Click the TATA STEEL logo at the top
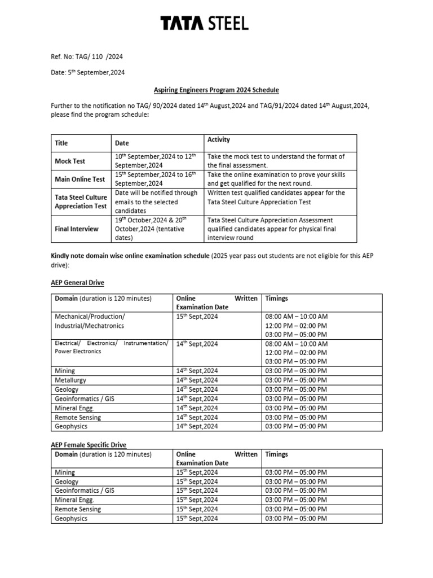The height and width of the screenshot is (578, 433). (204, 24)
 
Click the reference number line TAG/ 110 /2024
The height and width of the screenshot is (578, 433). (87, 56)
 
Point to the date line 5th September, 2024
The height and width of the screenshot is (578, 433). (87, 72)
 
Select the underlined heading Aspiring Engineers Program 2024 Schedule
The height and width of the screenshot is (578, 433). (216, 90)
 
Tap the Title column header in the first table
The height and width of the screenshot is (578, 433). (61, 143)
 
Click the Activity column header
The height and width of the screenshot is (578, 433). (219, 140)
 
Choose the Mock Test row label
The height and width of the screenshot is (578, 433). (70, 161)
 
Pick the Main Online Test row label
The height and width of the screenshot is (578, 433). (79, 179)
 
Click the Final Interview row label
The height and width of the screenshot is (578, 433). (77, 229)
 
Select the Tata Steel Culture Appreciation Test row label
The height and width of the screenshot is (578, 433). (81, 202)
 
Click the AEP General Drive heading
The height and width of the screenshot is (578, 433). (77, 282)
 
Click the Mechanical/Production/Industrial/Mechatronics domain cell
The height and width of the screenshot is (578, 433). (90, 321)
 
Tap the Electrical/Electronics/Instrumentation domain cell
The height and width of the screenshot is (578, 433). (111, 347)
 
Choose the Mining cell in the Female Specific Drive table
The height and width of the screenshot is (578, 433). (65, 472)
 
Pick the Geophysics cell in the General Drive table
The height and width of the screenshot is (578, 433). (71, 426)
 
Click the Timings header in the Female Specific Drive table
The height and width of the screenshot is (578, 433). (277, 454)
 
